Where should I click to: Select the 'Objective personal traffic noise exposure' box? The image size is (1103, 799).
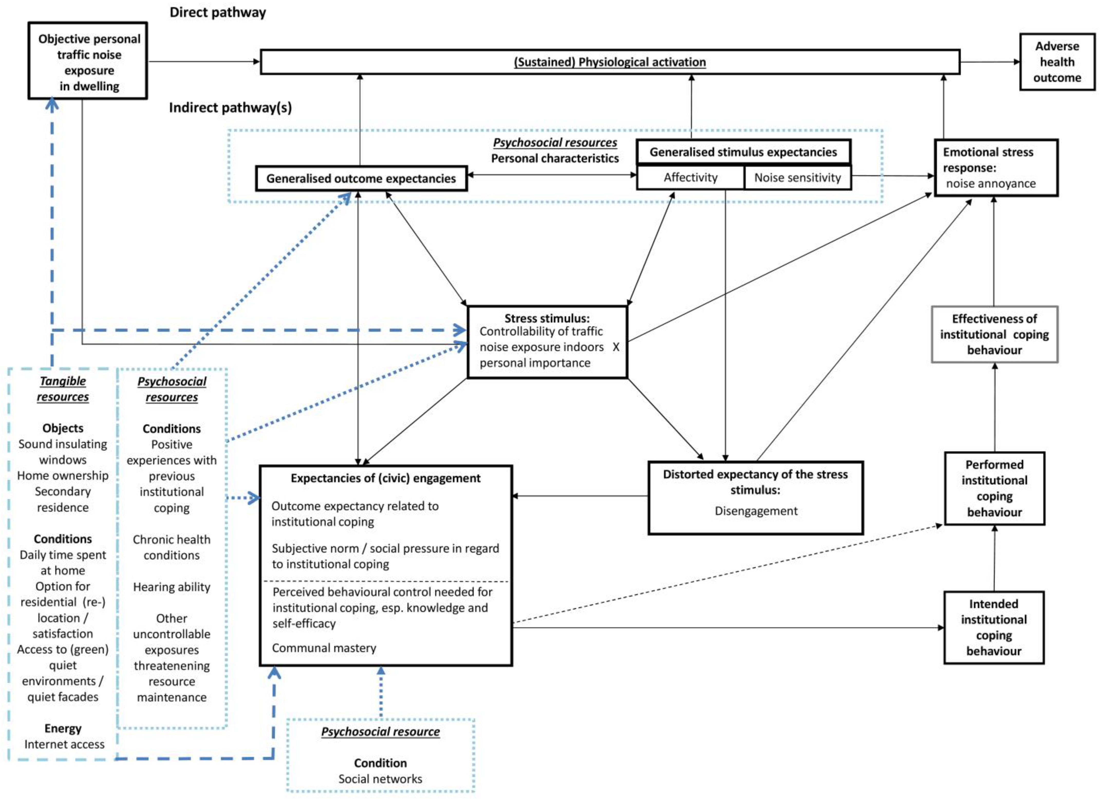coord(88,61)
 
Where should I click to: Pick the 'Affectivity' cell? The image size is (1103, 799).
coord(690,178)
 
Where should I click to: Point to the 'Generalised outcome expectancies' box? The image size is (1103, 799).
coord(361,179)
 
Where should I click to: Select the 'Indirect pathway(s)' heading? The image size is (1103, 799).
coord(230,107)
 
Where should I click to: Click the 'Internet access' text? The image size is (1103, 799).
coord(64,744)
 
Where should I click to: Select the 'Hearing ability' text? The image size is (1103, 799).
coord(172,587)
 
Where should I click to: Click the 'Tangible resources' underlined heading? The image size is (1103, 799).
coord(63,389)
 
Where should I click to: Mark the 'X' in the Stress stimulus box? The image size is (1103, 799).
coord(616,347)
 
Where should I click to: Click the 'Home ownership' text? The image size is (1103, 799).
coord(63,475)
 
